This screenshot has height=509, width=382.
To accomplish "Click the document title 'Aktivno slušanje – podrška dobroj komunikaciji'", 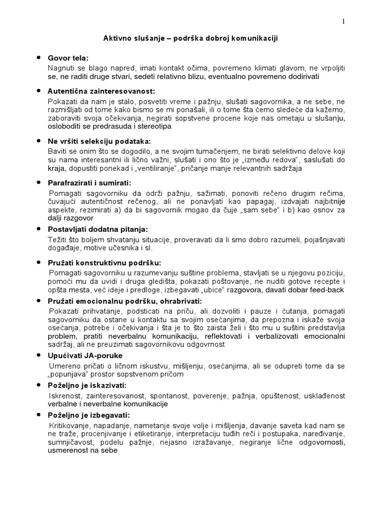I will [x=191, y=39].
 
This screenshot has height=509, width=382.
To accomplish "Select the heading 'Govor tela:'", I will [x=67, y=58].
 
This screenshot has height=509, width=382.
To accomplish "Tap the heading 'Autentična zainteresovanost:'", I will [x=101, y=92].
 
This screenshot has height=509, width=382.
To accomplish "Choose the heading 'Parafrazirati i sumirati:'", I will [x=89, y=183].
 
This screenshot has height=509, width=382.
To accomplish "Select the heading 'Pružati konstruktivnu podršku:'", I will [x=104, y=263].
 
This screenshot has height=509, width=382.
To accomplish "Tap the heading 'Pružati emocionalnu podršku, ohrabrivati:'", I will [x=125, y=301].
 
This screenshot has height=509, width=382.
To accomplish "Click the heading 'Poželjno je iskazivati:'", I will [x=88, y=386].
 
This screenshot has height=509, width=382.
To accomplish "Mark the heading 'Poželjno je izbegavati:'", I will [x=88, y=415].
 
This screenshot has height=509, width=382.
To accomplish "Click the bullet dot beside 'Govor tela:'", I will [x=39, y=58].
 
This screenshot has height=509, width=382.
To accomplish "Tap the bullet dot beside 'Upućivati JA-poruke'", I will [x=39, y=355].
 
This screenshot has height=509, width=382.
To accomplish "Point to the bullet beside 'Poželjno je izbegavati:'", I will [x=39, y=414].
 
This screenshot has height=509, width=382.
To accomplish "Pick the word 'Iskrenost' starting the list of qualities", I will [x=65, y=396].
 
